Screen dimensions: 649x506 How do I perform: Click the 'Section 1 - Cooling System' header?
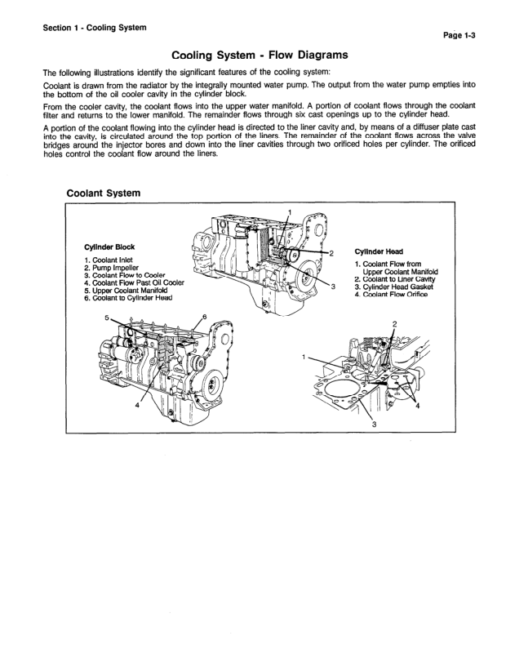[x=95, y=28]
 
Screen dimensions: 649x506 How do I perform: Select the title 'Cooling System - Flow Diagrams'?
[x=257, y=56]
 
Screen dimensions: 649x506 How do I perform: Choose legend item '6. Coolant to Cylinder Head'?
[x=133, y=298]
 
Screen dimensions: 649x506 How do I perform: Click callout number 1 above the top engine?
[x=288, y=212]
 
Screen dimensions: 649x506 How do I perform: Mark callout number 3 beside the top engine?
[x=334, y=286]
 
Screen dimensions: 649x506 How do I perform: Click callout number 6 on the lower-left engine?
[x=204, y=316]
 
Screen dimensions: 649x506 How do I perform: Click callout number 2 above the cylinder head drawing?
[x=394, y=324]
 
